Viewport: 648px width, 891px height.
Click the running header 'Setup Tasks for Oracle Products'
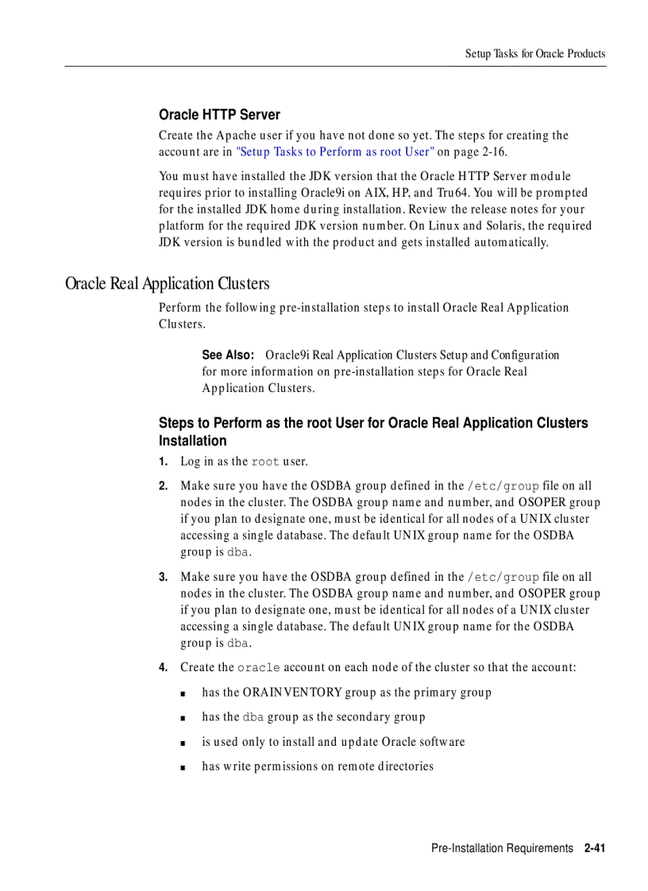pos(534,54)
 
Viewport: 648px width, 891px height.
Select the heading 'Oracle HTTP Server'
pos(219,115)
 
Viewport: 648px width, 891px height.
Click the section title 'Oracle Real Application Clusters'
pos(168,283)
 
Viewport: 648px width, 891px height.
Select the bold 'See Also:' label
pos(227,355)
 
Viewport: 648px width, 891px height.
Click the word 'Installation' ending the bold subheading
pos(192,441)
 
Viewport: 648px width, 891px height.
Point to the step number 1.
pos(162,462)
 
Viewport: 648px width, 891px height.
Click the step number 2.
pos(162,486)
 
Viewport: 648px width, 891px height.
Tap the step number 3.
pos(162,578)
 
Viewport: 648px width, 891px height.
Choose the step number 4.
pos(162,668)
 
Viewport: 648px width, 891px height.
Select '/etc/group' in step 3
pos(503,578)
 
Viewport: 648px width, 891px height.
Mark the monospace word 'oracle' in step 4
pos(258,668)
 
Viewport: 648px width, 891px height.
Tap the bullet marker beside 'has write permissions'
pos(183,767)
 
